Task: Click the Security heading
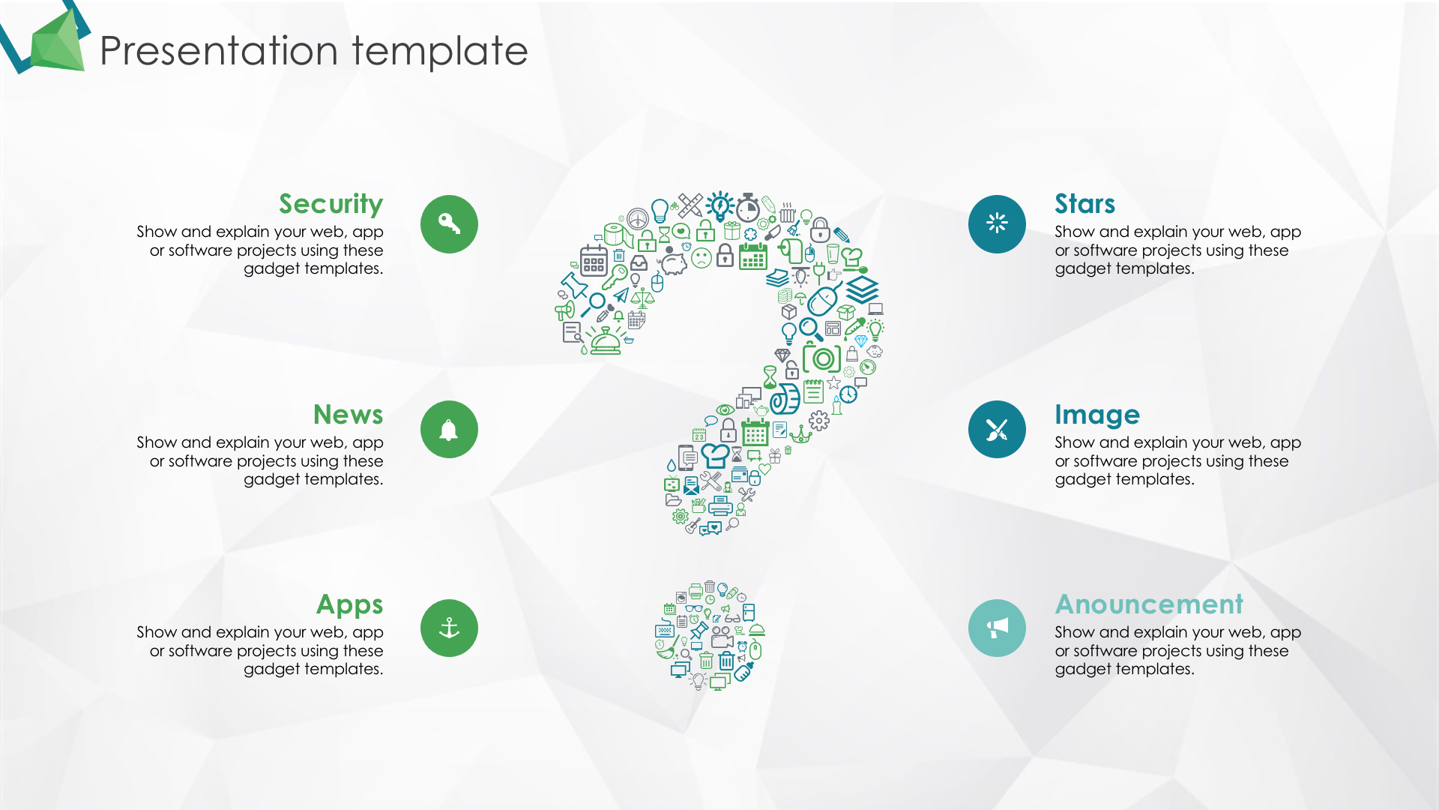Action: point(331,204)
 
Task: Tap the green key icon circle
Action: point(449,224)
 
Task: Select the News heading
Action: point(348,414)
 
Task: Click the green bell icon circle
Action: point(449,430)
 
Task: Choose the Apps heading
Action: point(349,604)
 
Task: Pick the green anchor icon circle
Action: point(449,628)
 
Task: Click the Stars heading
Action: point(1084,204)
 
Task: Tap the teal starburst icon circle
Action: point(997,224)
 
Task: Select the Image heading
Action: point(1097,415)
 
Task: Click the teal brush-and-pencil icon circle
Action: point(997,430)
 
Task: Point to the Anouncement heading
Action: point(1149,604)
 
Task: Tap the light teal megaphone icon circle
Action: point(997,628)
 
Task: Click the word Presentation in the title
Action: point(219,51)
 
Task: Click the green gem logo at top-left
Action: point(58,41)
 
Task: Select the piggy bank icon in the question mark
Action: point(673,263)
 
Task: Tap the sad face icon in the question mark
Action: point(702,259)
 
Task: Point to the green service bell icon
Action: point(606,341)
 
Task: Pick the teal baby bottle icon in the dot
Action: point(743,672)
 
